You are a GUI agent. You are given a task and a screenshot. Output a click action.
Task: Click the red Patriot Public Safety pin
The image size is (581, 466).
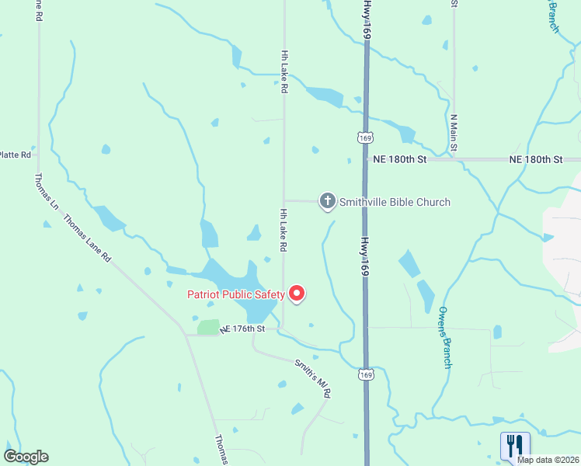tap(297, 294)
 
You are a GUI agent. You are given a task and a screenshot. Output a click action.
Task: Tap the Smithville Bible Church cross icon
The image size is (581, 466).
tap(328, 202)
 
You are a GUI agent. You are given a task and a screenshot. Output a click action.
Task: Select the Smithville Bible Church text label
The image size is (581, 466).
tap(395, 202)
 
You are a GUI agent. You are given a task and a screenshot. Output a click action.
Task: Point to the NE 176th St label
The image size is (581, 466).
tap(243, 329)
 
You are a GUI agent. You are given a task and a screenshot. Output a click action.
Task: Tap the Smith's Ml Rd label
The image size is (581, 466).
tap(313, 378)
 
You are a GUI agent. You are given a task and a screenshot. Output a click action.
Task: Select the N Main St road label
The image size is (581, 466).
tap(453, 133)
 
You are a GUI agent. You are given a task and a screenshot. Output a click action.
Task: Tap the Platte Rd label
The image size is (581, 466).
tap(16, 155)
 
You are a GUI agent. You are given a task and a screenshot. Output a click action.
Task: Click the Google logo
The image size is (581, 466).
tap(26, 457)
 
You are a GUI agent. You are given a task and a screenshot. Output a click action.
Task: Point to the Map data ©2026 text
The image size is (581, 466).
tap(548, 460)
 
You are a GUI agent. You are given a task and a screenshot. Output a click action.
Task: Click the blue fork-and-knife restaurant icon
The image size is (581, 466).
tap(515, 445)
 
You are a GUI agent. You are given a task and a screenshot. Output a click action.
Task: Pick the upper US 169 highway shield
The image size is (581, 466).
tap(365, 137)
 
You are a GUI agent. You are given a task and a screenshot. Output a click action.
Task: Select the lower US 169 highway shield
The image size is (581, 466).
tap(365, 374)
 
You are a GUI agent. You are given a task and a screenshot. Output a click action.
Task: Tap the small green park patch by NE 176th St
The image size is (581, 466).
tap(208, 328)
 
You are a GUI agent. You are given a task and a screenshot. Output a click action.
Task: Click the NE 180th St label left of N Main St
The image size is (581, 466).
tap(400, 158)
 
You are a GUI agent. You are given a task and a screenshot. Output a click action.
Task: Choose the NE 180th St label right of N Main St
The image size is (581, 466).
tap(535, 158)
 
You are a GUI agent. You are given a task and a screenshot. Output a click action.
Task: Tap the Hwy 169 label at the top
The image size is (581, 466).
tap(367, 20)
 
